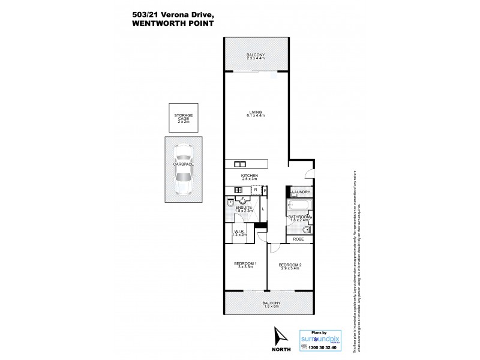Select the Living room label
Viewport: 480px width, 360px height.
click(256, 112)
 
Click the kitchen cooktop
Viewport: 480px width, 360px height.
click(230, 191)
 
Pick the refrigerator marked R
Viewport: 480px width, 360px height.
click(256, 190)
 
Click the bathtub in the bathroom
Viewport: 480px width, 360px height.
click(298, 208)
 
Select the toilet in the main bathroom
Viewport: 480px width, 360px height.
click(307, 229)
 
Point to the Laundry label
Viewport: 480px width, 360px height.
click(301, 192)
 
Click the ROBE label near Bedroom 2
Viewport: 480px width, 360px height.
click(298, 239)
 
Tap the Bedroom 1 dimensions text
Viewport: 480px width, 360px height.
click(246, 268)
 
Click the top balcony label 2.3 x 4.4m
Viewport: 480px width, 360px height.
click(256, 59)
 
